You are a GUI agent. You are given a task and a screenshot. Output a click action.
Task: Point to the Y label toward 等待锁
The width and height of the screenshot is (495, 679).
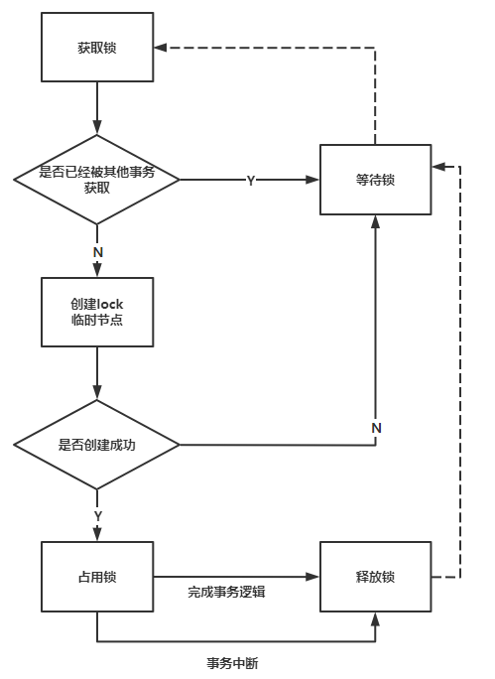(251, 181)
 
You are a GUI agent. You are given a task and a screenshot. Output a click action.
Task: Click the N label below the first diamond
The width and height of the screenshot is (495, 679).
(98, 252)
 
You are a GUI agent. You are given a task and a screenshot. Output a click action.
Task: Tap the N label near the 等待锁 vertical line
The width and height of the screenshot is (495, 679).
(376, 428)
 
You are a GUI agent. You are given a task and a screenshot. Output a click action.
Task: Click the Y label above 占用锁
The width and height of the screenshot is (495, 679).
(98, 516)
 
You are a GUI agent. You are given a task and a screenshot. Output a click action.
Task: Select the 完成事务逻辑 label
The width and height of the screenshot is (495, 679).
(226, 592)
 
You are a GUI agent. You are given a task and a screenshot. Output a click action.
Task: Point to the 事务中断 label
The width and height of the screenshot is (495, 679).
(232, 663)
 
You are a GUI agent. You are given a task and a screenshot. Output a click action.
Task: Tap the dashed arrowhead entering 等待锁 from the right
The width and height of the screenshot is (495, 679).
(438, 167)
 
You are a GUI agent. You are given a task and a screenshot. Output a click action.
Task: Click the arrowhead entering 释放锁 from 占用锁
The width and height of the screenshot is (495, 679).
(312, 577)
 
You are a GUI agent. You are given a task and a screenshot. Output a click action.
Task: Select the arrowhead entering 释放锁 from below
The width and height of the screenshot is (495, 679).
(376, 619)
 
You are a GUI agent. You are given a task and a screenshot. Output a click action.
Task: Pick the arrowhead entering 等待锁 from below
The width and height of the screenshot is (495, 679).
(376, 221)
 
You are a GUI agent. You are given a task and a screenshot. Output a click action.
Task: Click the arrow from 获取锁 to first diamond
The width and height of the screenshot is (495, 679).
(97, 108)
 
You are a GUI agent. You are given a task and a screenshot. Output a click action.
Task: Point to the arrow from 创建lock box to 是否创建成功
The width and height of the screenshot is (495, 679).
(97, 373)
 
